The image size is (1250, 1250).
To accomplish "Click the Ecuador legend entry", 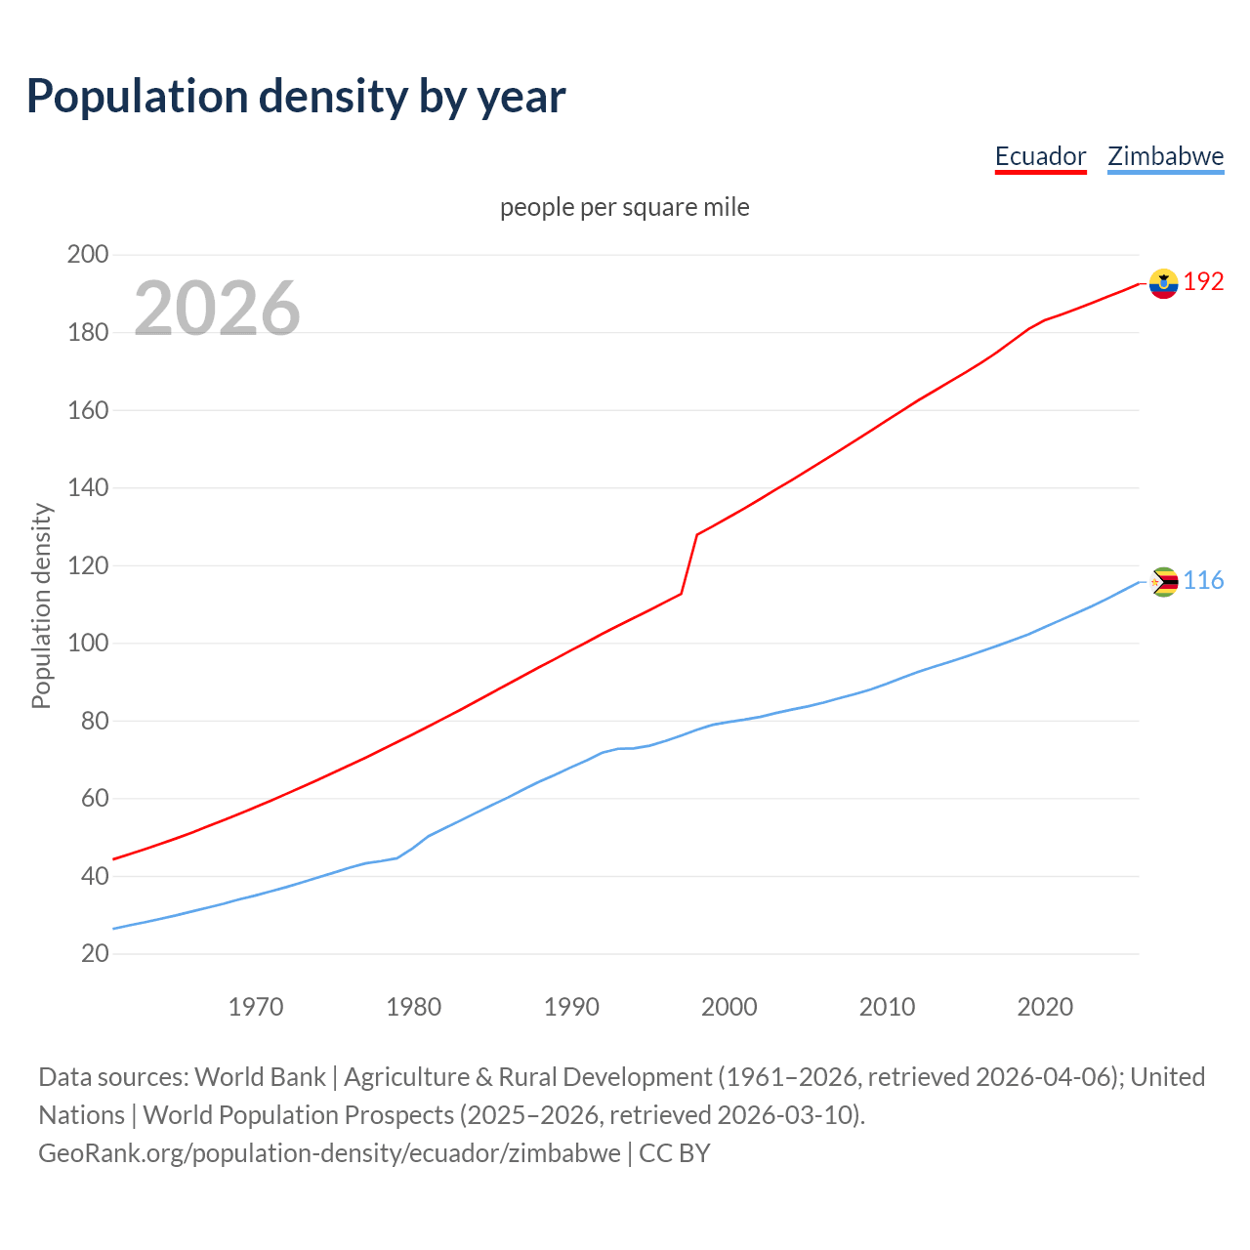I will [1040, 156].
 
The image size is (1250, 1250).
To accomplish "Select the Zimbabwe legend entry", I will [1165, 156].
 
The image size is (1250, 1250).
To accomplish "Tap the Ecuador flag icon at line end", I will [1163, 283].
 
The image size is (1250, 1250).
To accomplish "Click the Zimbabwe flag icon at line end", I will [1163, 582].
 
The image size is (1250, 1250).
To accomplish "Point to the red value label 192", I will [1203, 282].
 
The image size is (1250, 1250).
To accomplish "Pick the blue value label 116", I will [1203, 581].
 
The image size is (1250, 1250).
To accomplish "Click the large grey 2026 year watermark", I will [217, 309].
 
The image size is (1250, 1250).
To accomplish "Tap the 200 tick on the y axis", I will [87, 255].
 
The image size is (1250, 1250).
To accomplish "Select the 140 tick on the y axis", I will [87, 487].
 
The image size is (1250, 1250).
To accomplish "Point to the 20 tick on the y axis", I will [94, 953].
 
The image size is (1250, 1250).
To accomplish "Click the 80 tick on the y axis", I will [94, 721].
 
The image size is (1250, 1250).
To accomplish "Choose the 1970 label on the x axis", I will [256, 1007].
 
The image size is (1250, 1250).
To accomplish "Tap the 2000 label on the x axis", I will [729, 1007].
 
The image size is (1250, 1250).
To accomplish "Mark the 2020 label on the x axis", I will [1045, 1007].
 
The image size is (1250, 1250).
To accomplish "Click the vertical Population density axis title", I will [41, 605].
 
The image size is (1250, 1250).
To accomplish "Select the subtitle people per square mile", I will [625, 208].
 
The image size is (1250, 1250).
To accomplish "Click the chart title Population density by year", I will [296, 97].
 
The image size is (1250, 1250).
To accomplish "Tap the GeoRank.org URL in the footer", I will [329, 1153].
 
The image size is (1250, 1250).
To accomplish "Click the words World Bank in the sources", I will [260, 1077].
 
